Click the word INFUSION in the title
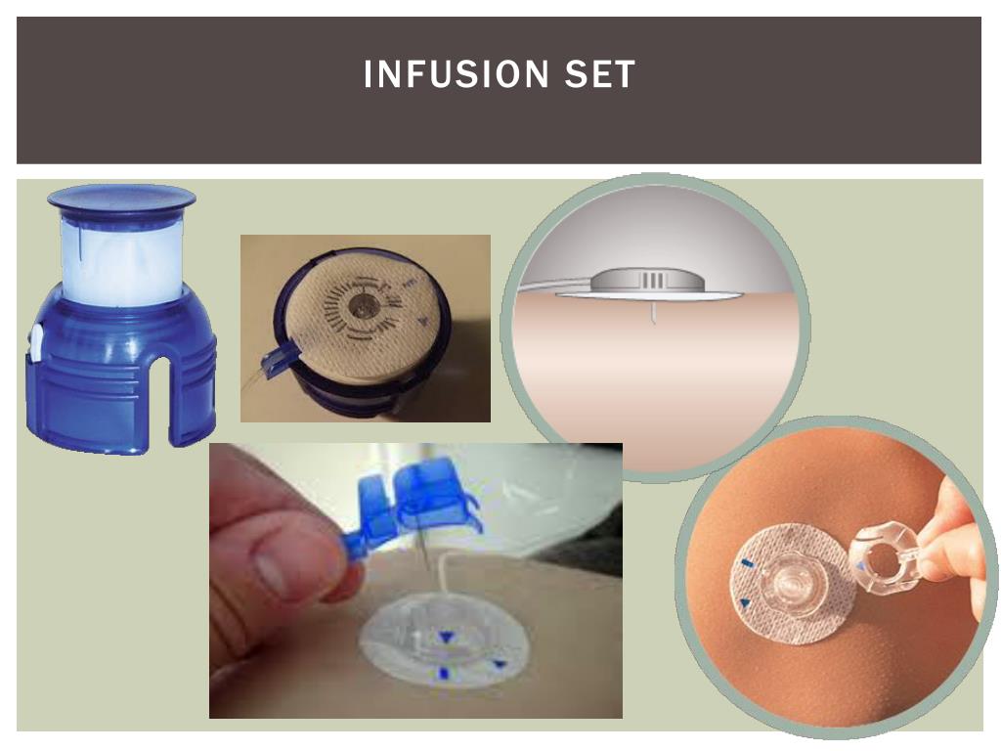[456, 74]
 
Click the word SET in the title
[599, 74]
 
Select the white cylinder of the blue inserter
[121, 258]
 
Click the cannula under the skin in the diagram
[652, 312]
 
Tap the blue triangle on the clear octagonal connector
[861, 566]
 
